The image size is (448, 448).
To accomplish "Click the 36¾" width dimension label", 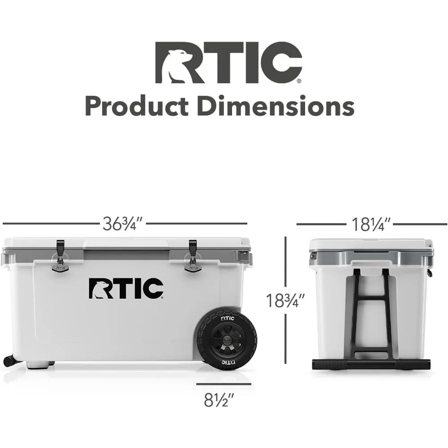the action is click(122, 224).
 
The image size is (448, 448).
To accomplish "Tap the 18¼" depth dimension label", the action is click(370, 224).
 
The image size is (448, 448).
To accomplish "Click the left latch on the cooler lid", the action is click(60, 255).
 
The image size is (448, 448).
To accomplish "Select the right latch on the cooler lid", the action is click(192, 255).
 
